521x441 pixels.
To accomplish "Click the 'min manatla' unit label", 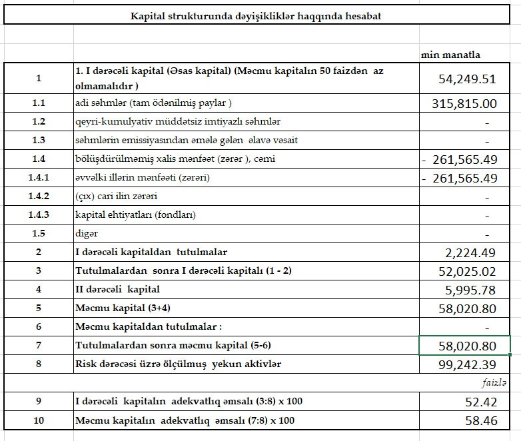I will (x=450, y=55).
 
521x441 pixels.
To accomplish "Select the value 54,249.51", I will (x=467, y=79).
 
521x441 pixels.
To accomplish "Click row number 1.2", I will (x=39, y=122).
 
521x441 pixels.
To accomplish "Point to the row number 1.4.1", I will (x=39, y=178).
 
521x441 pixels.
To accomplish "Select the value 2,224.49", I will (x=470, y=252).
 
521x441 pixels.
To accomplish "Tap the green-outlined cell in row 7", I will (x=464, y=346).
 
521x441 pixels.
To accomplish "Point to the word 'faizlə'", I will (x=495, y=383).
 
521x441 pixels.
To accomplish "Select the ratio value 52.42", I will (x=480, y=402).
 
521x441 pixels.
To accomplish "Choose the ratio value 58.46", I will (x=480, y=420).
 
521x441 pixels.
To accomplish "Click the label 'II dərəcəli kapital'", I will (x=118, y=290).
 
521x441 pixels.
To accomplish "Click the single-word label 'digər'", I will (x=87, y=234).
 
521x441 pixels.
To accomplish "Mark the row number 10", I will (x=39, y=420).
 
